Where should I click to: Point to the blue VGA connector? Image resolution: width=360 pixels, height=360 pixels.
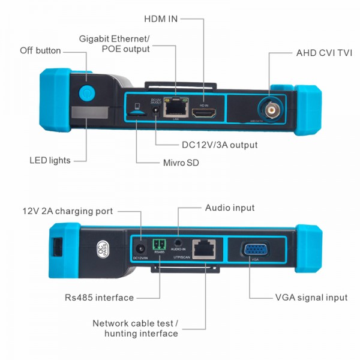pyautogui.click(x=255, y=250)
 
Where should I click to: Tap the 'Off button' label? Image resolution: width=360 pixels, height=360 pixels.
pyautogui.click(x=40, y=50)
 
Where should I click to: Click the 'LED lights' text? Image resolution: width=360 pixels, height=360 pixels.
pyautogui.click(x=50, y=160)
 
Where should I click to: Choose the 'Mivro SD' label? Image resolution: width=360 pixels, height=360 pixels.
pyautogui.click(x=181, y=163)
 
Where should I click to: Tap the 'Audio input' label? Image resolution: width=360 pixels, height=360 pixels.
pyautogui.click(x=230, y=208)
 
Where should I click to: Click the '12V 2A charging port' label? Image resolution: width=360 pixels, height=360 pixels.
pyautogui.click(x=67, y=211)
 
